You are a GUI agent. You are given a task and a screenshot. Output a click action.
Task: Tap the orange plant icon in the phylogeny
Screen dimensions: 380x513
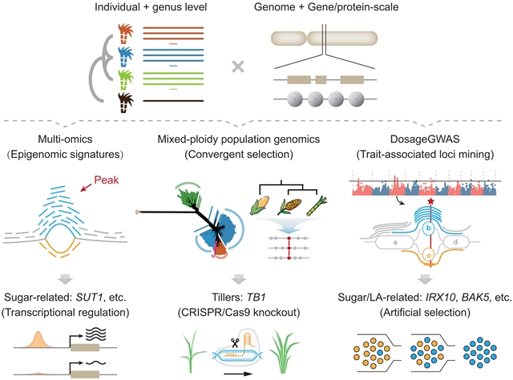[x=127, y=33]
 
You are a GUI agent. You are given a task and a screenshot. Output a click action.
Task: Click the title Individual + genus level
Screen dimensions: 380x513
[x=154, y=9]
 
